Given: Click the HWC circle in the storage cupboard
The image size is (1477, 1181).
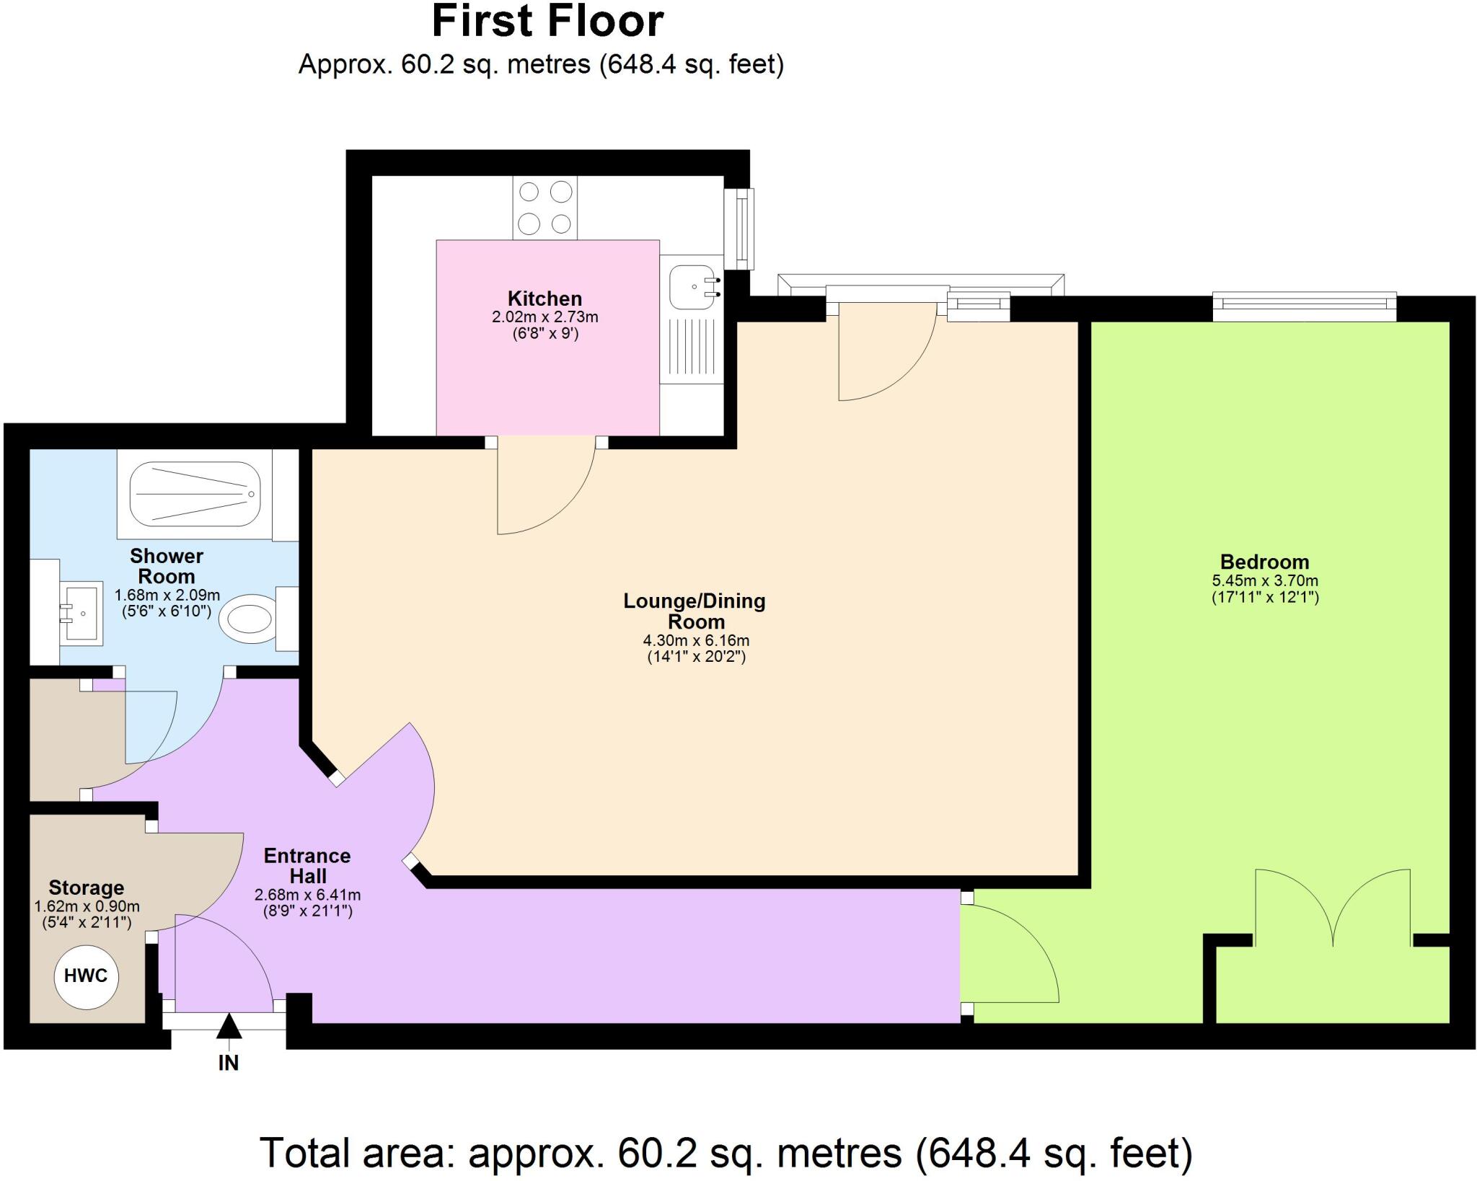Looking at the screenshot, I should (86, 976).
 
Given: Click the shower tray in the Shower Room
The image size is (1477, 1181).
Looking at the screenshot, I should (195, 494).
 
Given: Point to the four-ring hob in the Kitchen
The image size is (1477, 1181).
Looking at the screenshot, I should (545, 208).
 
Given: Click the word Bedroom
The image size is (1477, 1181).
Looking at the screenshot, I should (1264, 562).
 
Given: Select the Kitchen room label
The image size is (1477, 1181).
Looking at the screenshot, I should (544, 298).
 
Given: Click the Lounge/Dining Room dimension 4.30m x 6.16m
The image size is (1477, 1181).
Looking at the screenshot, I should (696, 640).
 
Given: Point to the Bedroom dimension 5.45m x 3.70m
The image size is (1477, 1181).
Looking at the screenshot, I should (1265, 580).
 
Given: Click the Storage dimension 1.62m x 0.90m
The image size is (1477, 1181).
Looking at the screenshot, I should (87, 906).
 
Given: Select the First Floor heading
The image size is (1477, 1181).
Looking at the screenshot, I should (547, 22).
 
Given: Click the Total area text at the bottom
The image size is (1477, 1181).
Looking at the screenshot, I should (725, 1152).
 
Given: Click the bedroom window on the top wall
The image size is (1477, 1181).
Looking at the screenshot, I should (1304, 306).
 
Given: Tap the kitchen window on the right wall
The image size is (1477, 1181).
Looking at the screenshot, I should (740, 228).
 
